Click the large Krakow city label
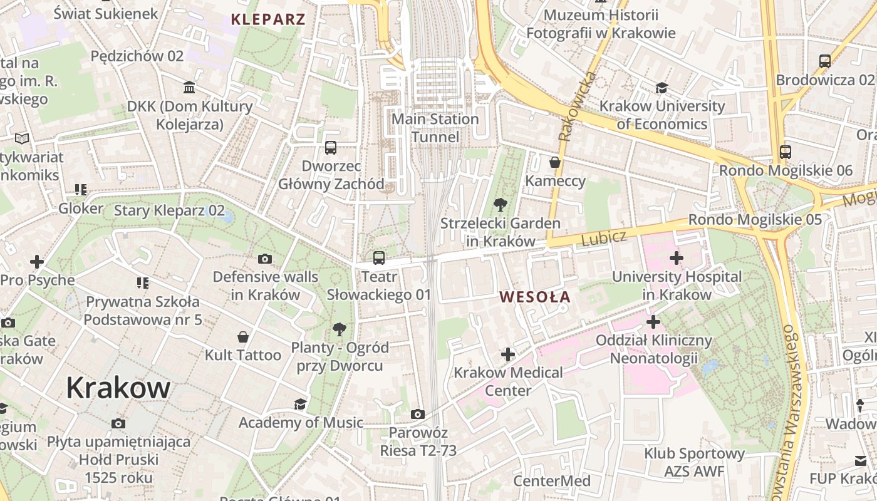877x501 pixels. pos(118,388)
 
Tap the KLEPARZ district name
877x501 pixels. pos(268,19)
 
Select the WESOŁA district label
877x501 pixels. pos(535,297)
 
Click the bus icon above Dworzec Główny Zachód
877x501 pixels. pos(331,148)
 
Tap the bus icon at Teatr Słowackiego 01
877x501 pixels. pos(378,257)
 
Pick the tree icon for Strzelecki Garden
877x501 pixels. pos(500,204)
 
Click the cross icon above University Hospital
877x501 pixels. pos(676,257)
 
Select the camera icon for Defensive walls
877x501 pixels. pos(265,259)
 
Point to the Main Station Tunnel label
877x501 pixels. pos(435,128)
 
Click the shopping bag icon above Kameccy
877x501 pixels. pos(554,163)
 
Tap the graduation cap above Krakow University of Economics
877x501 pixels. pos(662,88)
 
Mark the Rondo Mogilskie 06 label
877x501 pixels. pos(786,170)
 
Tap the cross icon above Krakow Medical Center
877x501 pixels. pos(507,354)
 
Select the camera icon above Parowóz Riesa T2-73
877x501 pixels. pos(417,414)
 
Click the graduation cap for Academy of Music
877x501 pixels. pos(301,404)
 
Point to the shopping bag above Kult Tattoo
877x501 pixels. pos(243,337)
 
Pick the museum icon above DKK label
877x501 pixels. pos(189,87)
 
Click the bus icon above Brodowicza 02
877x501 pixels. pos(824,61)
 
